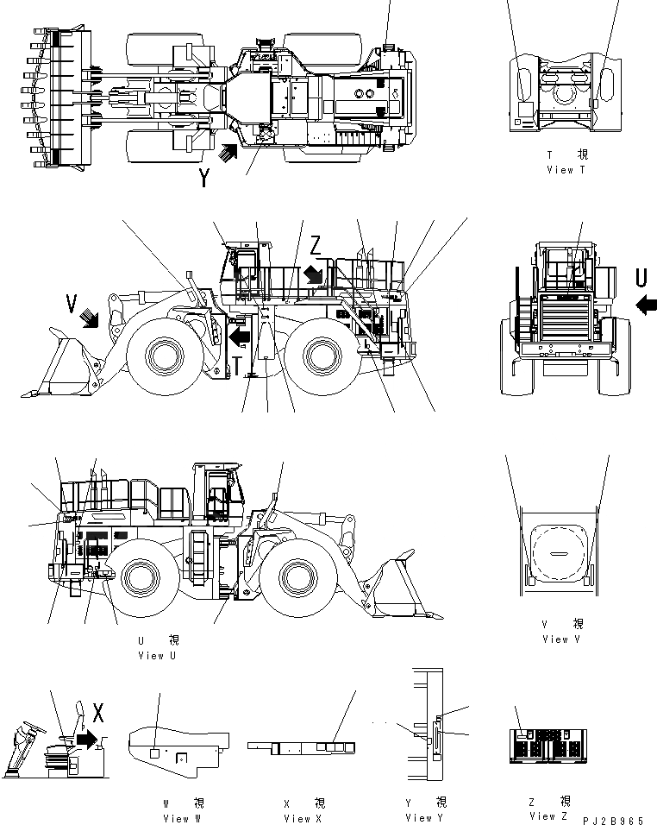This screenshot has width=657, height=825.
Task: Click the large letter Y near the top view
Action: point(204,178)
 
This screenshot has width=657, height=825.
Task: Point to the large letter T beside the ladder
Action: point(237,366)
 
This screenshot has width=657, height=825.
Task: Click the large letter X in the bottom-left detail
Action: point(97,713)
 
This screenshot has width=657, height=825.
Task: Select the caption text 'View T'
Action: point(566,170)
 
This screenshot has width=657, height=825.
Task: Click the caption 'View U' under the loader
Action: point(157,656)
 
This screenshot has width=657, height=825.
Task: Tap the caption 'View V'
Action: point(562,639)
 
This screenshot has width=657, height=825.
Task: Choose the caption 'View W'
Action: point(182,818)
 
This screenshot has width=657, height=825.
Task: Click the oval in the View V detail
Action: point(562,553)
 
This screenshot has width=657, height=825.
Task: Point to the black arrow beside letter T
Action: point(241,332)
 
